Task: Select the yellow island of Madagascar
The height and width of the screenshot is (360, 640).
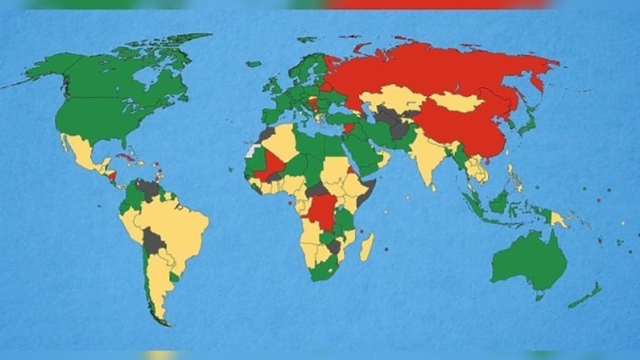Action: [x=367, y=247]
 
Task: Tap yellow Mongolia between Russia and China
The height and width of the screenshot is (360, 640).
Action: [x=455, y=102]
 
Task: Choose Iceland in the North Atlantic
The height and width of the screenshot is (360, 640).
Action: [x=253, y=64]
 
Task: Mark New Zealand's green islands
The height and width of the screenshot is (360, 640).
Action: [x=586, y=296]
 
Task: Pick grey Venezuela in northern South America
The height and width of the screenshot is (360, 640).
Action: [x=148, y=189]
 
